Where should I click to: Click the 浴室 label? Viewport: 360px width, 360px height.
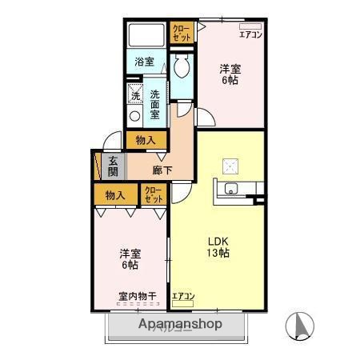[x=144, y=61]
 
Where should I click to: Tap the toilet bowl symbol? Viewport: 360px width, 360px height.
[x=180, y=63]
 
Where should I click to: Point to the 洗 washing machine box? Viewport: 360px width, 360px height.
[x=135, y=94]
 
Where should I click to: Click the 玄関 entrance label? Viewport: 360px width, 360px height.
[x=114, y=166]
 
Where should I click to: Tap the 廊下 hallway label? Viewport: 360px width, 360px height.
[x=162, y=170]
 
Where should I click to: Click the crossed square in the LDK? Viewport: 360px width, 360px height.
[x=230, y=166]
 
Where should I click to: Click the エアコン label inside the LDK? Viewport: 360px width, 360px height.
[x=183, y=298]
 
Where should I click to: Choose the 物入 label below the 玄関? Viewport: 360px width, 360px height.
[x=115, y=194]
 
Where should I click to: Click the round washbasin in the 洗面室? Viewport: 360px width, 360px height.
[x=134, y=115]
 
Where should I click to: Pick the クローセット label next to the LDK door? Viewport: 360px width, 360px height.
[x=153, y=194]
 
